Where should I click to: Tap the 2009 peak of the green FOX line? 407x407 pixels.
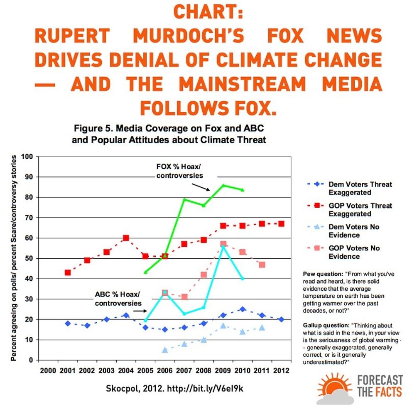pyautogui.click(x=223, y=185)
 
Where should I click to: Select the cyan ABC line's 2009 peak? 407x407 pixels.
pyautogui.click(x=223, y=246)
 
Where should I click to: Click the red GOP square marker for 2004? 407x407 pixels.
pyautogui.click(x=126, y=238)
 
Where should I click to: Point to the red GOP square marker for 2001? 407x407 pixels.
pyautogui.click(x=68, y=272)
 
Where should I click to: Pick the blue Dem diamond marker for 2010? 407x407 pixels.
pyautogui.click(x=243, y=309)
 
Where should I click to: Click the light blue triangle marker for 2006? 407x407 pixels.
pyautogui.click(x=165, y=350)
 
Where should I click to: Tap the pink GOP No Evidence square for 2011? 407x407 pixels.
pyautogui.click(x=262, y=265)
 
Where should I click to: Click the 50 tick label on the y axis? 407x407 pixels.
pyautogui.click(x=29, y=258)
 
